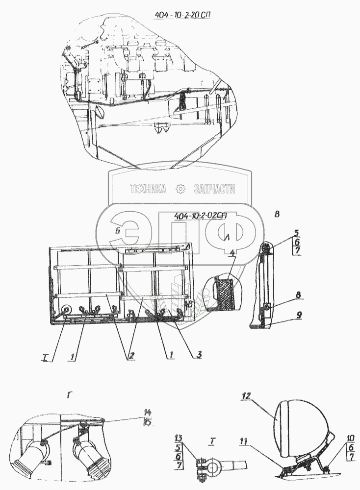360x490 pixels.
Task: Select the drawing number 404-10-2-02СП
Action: [x=197, y=215]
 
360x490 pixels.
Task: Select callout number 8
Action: [x=298, y=296]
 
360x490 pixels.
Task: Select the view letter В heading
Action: [x=278, y=214]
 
